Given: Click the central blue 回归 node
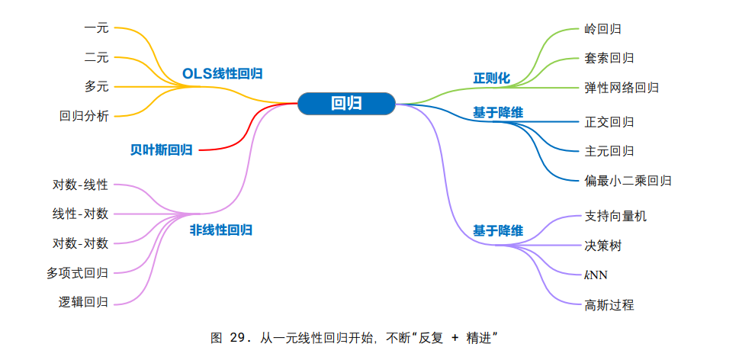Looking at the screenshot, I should (346, 104).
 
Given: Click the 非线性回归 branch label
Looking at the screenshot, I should (221, 230).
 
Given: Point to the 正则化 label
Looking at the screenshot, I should (492, 78).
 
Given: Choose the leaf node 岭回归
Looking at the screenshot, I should (602, 29).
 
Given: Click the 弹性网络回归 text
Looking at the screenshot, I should (622, 88).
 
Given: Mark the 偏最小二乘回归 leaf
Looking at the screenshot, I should (628, 181).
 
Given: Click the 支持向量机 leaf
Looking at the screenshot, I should (615, 216).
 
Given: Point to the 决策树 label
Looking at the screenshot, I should (602, 246).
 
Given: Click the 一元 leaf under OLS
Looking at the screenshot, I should (96, 28).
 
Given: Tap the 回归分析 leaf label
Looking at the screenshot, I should (84, 117).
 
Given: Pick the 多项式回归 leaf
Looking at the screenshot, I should (77, 272).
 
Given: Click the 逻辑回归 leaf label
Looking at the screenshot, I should (84, 301).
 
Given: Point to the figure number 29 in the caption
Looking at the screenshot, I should (238, 337).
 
